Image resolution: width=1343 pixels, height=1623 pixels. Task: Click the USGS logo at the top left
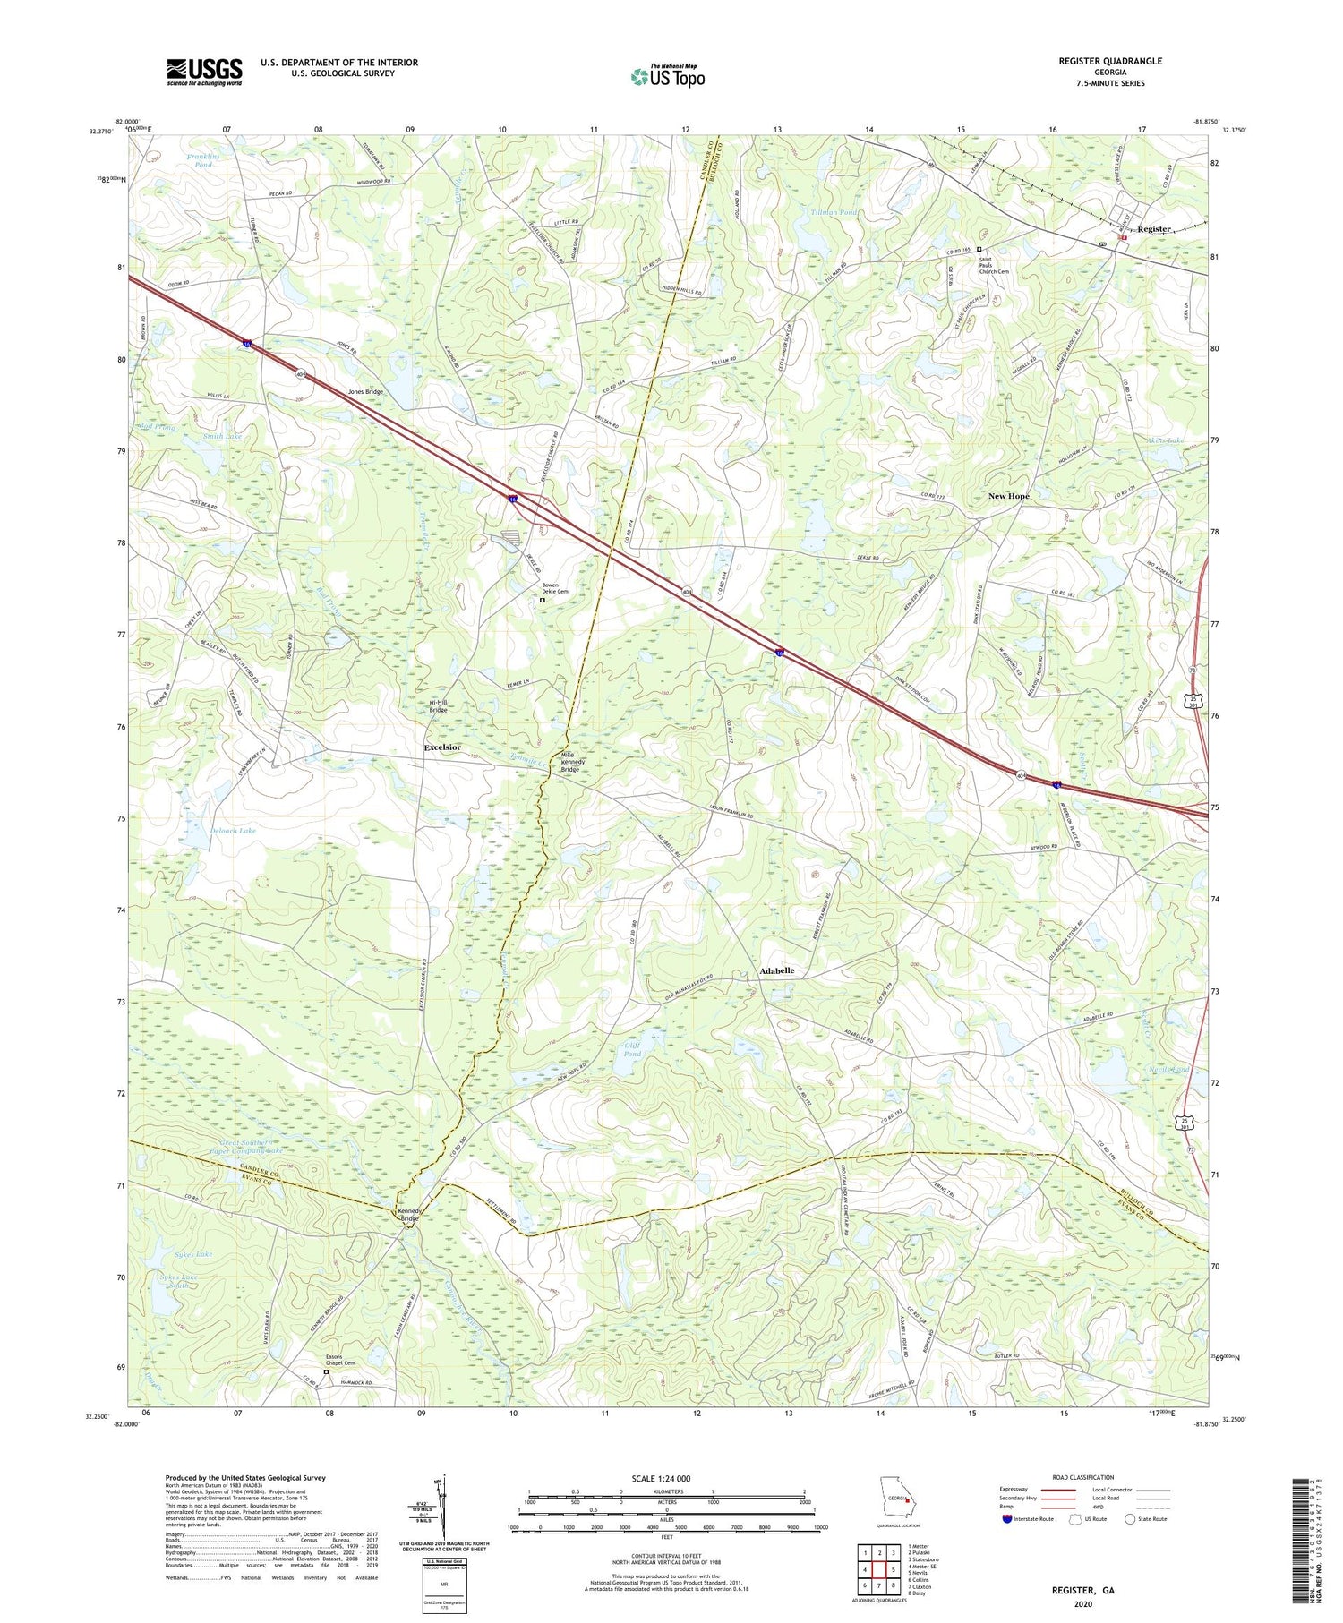[204, 72]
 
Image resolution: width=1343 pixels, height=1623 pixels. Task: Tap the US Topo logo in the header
[667, 76]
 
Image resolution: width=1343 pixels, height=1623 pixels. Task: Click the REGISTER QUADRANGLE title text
[1109, 61]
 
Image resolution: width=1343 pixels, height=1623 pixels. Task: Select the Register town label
[1154, 229]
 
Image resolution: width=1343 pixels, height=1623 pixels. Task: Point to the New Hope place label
[1008, 496]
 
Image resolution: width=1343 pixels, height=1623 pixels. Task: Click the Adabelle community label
[776, 970]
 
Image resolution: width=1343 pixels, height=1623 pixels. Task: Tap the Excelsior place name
[442, 747]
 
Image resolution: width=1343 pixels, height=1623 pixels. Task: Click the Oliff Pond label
[632, 1049]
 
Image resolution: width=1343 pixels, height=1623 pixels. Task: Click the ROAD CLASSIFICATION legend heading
[1083, 1477]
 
